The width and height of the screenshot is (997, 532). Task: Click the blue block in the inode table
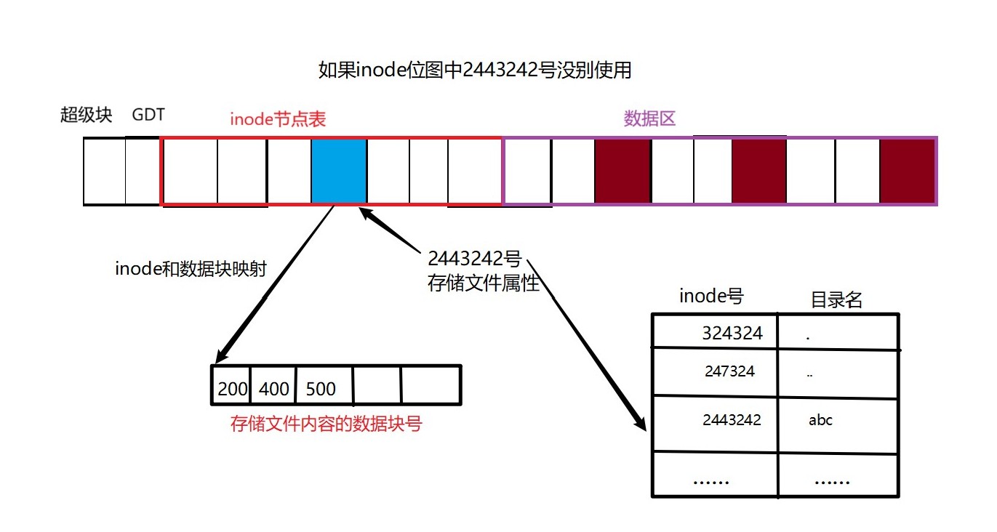338,172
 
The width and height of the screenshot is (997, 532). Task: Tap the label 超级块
86,115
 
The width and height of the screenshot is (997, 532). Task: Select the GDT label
148,115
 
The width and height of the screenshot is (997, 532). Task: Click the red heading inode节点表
278,119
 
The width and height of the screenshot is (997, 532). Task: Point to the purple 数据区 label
649,118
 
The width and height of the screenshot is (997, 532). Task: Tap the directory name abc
820,420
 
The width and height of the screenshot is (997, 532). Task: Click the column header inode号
711,296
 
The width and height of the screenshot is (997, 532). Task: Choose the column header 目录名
836,299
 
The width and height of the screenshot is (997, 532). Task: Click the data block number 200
233,389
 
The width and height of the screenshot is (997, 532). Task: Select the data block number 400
274,389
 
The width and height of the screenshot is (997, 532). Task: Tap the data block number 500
321,389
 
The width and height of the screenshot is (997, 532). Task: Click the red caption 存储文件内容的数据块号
326,424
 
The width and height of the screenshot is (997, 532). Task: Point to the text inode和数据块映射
191,268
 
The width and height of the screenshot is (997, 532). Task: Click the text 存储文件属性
484,283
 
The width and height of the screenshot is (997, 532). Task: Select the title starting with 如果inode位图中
474,70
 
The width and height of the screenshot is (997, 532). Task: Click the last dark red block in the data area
906,172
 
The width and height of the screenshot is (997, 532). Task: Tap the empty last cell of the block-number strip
431,384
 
